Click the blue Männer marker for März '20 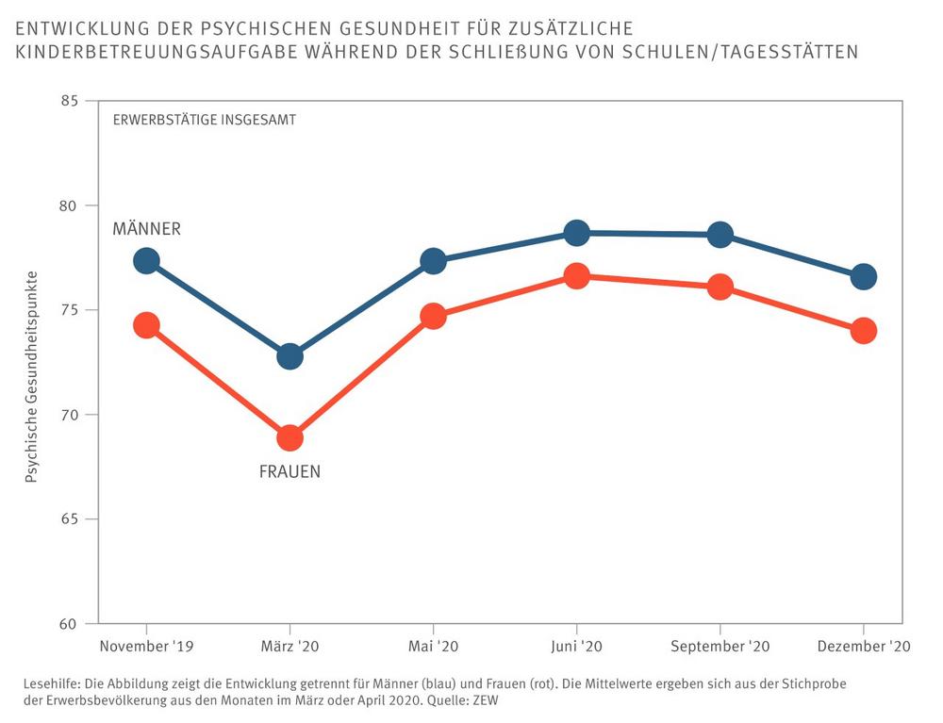coord(290,356)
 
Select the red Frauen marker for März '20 coord(290,437)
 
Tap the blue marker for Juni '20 coord(577,233)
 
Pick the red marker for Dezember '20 coord(864,331)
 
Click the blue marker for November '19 coord(146,261)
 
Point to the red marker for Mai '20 coord(433,316)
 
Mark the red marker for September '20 coord(720,288)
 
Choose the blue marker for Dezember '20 coord(864,277)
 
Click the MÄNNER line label coord(146,229)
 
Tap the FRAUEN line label coord(290,471)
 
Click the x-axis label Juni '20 coord(577,647)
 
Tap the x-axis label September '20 coord(720,647)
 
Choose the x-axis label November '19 coord(146,647)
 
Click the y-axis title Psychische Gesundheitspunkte coord(31,377)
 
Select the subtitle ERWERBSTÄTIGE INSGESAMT coord(205,120)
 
